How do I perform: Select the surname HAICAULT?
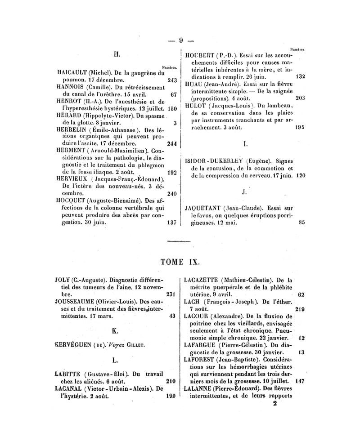pyautogui.click(x=72, y=72)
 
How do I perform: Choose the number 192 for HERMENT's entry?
pyautogui.click(x=171, y=173)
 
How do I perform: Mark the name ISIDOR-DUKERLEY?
pyautogui.click(x=213, y=161)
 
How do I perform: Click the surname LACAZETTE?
pyautogui.click(x=205, y=280)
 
